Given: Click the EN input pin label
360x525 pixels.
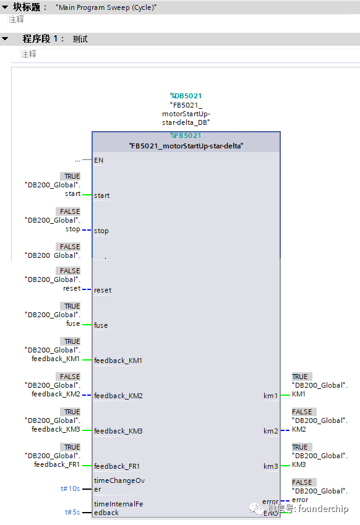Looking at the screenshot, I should [98, 160].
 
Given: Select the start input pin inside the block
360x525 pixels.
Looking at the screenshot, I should [101, 195].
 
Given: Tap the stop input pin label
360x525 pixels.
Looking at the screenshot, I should [101, 231].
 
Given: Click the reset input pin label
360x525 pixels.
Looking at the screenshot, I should [103, 290].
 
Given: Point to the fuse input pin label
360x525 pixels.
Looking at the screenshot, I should [101, 325].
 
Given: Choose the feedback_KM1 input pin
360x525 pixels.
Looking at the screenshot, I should [118, 361].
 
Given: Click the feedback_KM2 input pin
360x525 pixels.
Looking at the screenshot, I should [118, 396].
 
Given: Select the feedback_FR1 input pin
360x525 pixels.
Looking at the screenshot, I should [118, 466].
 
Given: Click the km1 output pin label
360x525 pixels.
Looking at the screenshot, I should [270, 396].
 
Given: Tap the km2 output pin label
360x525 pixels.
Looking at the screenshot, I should [270, 431].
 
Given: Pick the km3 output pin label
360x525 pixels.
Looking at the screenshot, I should [270, 466].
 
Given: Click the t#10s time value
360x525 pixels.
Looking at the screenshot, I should [70, 489].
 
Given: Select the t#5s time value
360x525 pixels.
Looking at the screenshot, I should [72, 512].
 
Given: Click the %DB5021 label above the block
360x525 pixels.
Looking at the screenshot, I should [186, 96].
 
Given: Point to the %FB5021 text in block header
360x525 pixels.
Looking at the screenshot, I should [186, 135].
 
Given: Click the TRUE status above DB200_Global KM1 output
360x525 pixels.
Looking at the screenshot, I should [300, 377].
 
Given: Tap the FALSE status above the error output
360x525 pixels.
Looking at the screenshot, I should [302, 482].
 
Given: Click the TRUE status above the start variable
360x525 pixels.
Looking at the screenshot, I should [72, 176].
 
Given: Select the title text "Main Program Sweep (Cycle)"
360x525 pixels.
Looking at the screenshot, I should [106, 7].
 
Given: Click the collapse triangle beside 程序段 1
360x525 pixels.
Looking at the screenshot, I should [5, 39].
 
